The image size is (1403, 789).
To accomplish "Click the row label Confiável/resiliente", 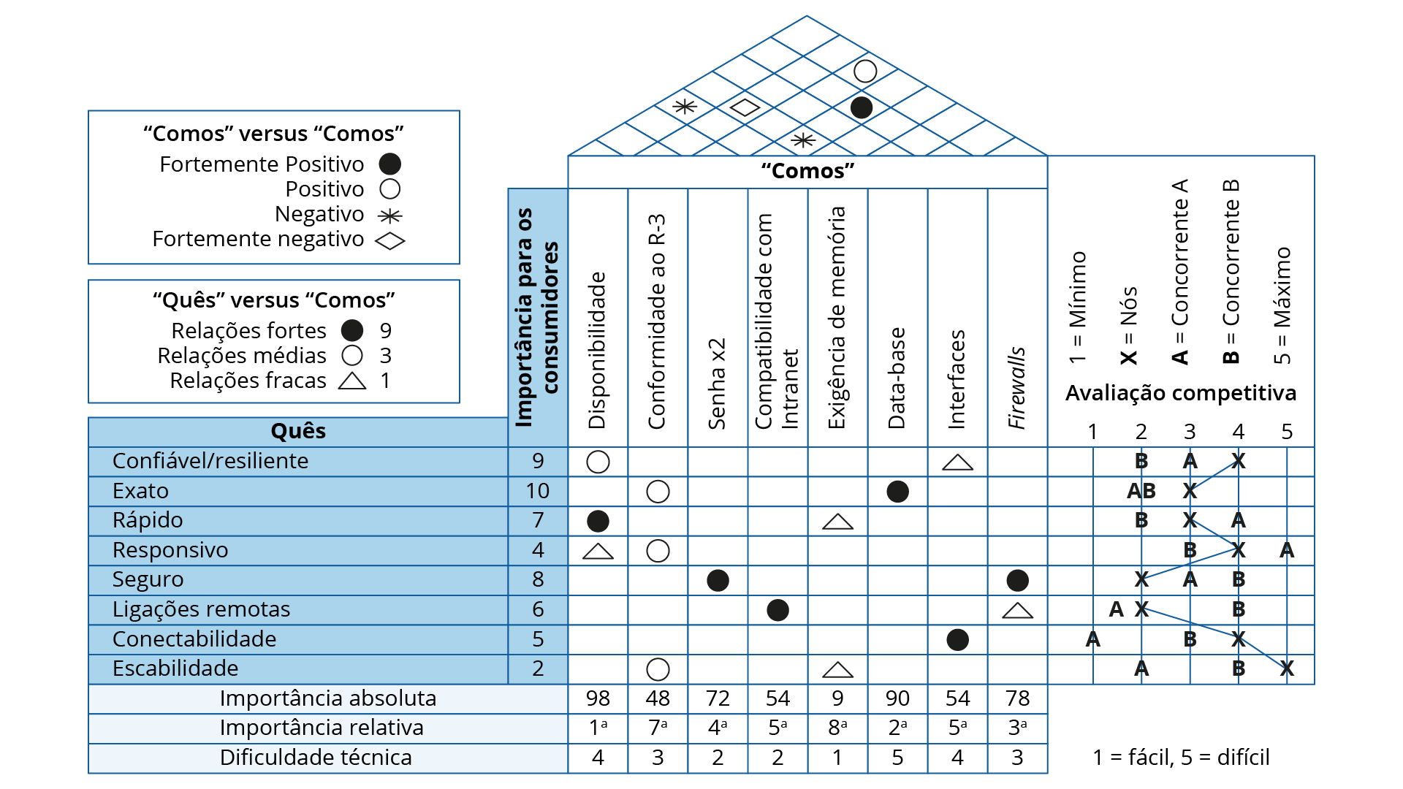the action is coord(210,461).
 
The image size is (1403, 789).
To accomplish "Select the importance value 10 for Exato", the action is coord(538,491).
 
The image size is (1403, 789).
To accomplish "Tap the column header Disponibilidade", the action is coord(598,351).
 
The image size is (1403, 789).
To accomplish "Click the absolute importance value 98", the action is coord(598,698).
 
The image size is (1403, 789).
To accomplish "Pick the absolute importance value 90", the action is coord(897,698).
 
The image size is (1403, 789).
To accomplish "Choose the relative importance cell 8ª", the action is coord(837,728).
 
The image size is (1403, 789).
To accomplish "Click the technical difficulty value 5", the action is coord(897,758).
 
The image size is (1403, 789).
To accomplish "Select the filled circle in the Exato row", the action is coord(897,492).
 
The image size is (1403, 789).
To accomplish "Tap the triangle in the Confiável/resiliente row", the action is coord(957,463).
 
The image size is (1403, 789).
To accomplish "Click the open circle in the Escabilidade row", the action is coord(658,669).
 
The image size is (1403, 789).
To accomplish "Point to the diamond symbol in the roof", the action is coord(745,107).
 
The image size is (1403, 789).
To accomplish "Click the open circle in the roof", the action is coord(865,71).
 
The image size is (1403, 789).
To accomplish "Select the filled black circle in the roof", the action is coord(862,107).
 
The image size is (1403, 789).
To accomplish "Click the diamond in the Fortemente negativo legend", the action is coord(389,240).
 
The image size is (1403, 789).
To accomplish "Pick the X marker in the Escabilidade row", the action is coord(1287,668).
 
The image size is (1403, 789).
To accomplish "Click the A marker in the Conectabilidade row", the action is coord(1092,639).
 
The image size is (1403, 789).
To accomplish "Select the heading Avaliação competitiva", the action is coord(1181,393).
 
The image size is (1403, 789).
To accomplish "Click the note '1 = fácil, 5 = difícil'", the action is coord(1181,758).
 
